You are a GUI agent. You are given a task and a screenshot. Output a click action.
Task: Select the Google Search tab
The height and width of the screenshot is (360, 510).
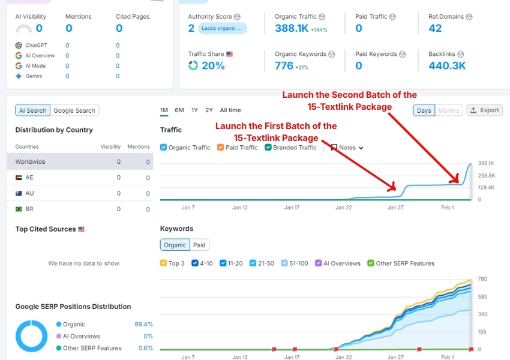(x=74, y=110)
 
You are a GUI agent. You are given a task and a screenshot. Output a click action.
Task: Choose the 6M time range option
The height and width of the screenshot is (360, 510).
(x=179, y=110)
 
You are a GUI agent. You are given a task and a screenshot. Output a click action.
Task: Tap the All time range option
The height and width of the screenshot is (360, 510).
(x=230, y=110)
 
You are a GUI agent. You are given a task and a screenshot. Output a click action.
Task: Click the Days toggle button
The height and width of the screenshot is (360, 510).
(x=424, y=110)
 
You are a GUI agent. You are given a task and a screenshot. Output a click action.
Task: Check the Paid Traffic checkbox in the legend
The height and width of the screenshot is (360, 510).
(x=221, y=148)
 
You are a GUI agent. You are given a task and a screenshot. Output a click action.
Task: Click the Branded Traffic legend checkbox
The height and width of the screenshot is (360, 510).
(x=268, y=148)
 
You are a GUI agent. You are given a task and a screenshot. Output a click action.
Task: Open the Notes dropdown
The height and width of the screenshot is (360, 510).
(x=347, y=148)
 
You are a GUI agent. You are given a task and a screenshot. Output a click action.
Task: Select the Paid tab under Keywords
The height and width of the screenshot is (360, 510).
(x=199, y=245)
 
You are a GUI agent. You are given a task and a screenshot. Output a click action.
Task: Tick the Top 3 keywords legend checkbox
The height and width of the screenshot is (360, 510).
(x=164, y=263)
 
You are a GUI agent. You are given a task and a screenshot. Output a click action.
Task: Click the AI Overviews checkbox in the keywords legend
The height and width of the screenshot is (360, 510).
(x=319, y=263)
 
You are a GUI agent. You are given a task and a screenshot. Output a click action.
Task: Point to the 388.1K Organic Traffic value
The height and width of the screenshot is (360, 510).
(x=292, y=28)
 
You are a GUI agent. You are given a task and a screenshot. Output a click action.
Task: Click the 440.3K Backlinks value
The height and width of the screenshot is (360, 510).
(x=447, y=65)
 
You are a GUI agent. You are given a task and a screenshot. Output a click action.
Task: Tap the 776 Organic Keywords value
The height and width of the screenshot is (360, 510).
(x=284, y=65)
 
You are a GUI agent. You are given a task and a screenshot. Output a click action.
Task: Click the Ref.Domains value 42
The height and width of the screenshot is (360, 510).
(x=435, y=28)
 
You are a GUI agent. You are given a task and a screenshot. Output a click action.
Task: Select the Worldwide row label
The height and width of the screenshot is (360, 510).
(x=31, y=162)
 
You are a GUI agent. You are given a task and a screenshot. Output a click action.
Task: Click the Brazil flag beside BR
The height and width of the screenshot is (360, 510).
(x=19, y=209)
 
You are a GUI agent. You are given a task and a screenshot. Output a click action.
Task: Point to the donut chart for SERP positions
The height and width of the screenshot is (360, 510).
(x=31, y=336)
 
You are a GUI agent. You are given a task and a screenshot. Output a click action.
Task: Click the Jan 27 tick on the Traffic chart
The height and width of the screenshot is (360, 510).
(x=396, y=208)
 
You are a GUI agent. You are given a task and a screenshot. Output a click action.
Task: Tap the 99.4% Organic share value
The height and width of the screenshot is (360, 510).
(x=143, y=325)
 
